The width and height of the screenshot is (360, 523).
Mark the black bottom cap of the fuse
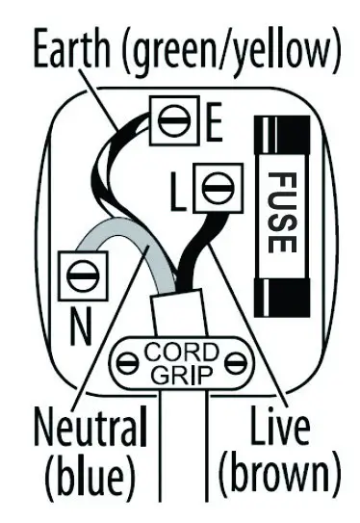pyautogui.click(x=279, y=292)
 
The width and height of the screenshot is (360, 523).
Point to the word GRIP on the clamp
pyautogui.click(x=180, y=374)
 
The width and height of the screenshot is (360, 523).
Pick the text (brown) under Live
pyautogui.click(x=280, y=475)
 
